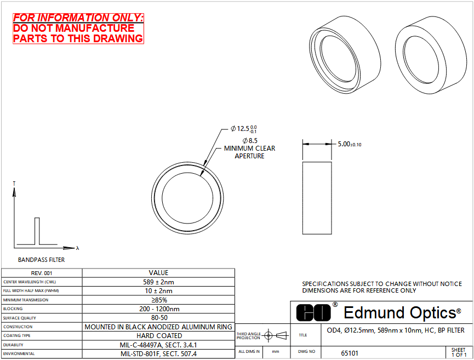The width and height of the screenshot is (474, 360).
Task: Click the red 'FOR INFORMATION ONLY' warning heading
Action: pos(78,18)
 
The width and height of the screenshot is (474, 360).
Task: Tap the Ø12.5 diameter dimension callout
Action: pos(244,129)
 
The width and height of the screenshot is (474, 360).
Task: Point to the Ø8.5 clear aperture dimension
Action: pos(250,141)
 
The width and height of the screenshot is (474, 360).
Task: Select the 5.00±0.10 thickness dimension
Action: pos(350,144)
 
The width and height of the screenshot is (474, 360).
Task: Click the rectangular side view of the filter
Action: pos(317,198)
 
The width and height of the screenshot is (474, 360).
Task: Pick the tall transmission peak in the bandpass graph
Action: pos(37,231)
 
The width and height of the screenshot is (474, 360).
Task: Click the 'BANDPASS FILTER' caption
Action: pos(42,260)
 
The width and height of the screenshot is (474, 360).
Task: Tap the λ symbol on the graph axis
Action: pos(78,248)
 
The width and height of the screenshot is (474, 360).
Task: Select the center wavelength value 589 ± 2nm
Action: pos(159,282)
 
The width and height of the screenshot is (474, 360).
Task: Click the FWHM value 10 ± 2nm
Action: pos(159,291)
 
